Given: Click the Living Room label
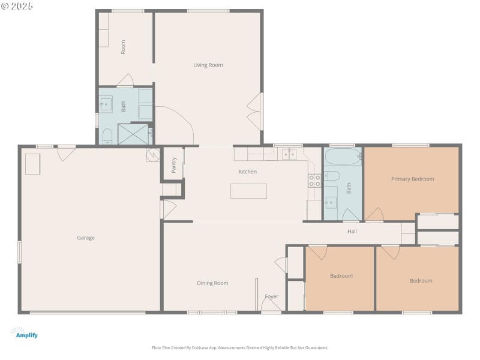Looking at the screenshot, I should click(208, 65).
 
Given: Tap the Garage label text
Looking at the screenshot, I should click(85, 238).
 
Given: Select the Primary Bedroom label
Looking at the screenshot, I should click(412, 179).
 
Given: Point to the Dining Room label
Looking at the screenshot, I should click(212, 283).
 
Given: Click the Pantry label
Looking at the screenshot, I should click(173, 165).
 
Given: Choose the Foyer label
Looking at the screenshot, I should click(271, 296).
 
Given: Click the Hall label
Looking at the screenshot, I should click(352, 231).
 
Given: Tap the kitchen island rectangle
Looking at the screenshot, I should click(248, 191).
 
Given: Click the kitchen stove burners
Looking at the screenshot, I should click(314, 181).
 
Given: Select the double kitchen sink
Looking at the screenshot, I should click(289, 154).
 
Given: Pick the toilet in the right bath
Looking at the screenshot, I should click(332, 176).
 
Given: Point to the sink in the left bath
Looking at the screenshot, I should click(106, 104).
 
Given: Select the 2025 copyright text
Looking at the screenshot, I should click(17, 5).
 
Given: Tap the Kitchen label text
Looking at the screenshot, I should click(248, 172).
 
